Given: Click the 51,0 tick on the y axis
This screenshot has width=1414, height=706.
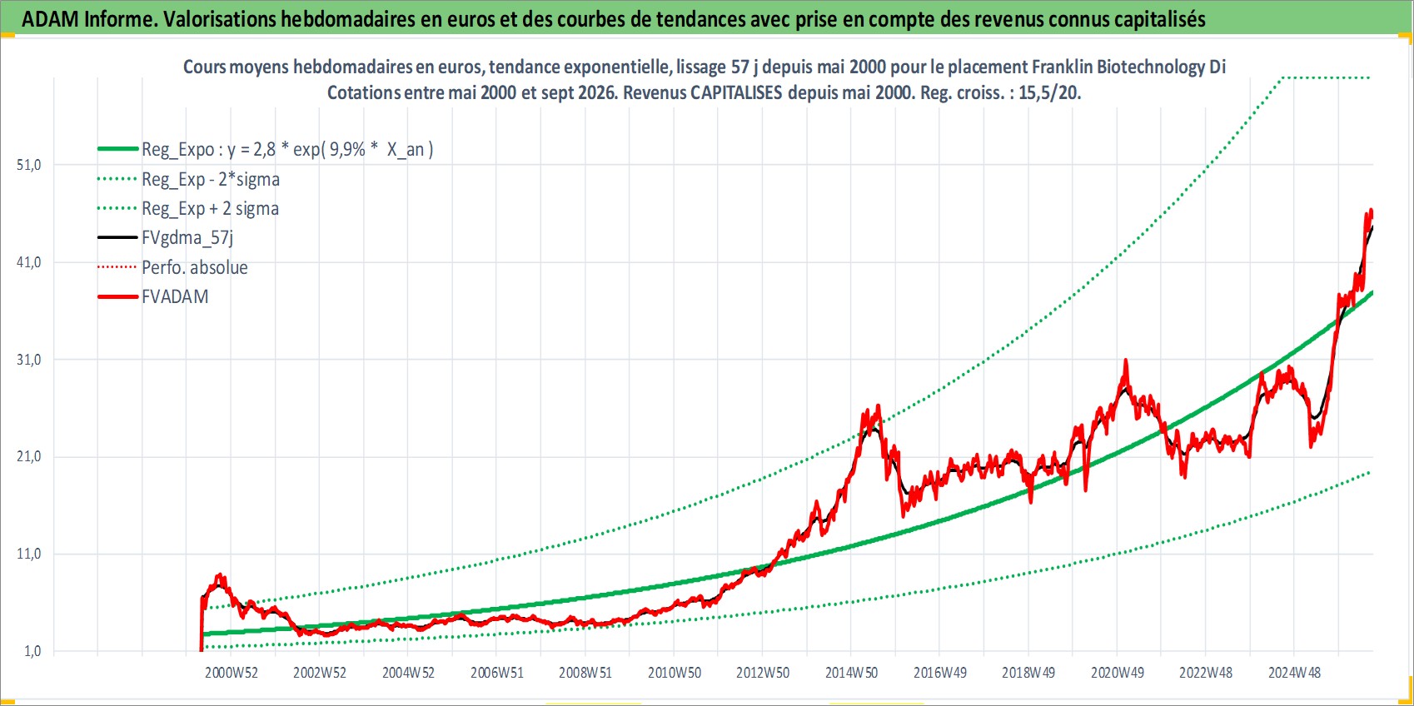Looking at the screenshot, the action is tap(28, 166).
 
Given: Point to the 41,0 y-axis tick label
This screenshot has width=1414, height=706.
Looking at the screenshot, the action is tap(28, 262).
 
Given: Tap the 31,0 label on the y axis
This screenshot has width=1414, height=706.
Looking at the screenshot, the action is tap(28, 360).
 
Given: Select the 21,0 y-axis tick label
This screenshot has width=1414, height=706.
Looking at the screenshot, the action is tap(28, 457).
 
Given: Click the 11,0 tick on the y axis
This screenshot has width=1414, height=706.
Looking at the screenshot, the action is tap(28, 554).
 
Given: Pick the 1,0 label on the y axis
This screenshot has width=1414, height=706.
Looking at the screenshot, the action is tap(32, 651).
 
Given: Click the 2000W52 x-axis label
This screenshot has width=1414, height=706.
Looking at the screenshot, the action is tap(232, 673).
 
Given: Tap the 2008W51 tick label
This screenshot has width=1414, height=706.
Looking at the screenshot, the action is tap(585, 673).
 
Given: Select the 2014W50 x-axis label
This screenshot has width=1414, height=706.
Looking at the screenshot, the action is tap(852, 673).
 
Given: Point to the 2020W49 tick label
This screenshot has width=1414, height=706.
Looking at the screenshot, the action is tap(1118, 673).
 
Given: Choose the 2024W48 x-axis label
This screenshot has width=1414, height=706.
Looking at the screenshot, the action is tap(1295, 673).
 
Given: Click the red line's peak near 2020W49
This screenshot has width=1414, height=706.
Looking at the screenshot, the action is tap(1126, 360).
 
